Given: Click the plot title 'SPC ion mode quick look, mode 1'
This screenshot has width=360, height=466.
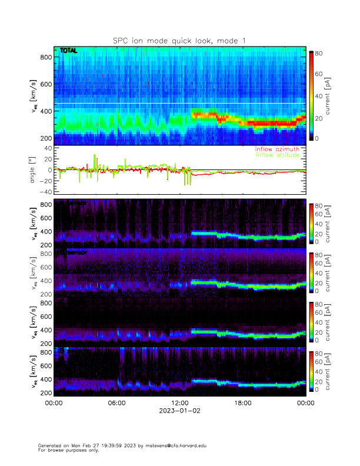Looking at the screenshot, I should click(x=179, y=40).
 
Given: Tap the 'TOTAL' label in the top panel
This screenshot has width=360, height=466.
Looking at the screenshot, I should click(x=68, y=51).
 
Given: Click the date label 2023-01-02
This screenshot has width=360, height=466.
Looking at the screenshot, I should click(x=179, y=411).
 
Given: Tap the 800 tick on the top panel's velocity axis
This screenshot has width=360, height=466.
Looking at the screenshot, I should click(x=46, y=57).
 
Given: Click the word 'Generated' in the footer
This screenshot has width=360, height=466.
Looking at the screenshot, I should click(x=49, y=445).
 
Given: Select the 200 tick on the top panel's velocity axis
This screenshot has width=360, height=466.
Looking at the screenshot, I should click(x=46, y=138).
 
